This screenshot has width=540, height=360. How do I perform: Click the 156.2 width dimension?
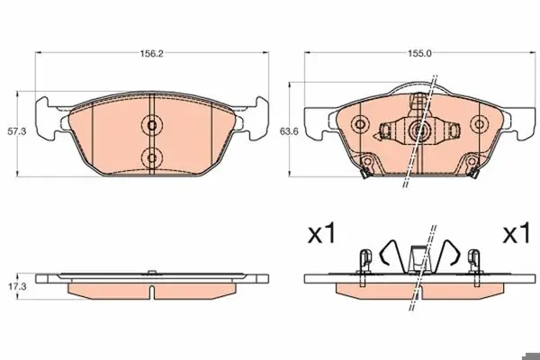tap(151, 54)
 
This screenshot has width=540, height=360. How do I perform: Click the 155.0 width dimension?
tap(419, 53)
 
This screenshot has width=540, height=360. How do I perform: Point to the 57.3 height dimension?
tap(17, 131)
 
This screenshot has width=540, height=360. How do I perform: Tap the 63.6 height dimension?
tap(289, 131)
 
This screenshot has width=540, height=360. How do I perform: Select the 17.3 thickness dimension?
tap(17, 286)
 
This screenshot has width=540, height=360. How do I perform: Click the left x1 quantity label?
tap(321, 233)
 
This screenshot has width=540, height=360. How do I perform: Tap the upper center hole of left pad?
tap(152, 125)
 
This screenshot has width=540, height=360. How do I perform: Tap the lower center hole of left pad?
tap(152, 158)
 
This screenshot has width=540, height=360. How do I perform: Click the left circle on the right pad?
tap(360, 124)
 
